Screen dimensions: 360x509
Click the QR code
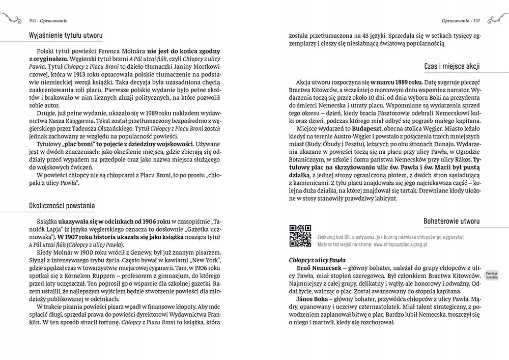[x=300, y=235]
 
